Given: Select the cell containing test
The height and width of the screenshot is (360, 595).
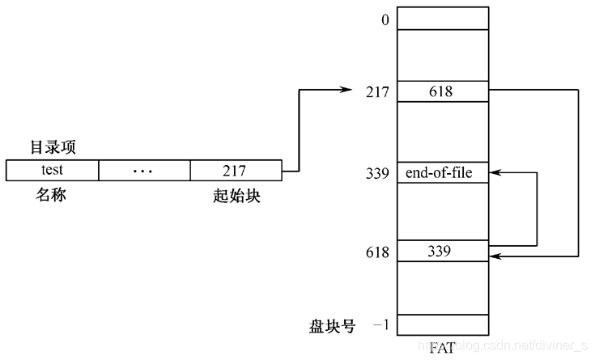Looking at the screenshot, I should tap(52, 171).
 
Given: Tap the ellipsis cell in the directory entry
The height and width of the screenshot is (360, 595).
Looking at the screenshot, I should tap(144, 171).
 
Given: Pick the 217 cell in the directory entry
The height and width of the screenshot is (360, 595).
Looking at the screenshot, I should tap(235, 171).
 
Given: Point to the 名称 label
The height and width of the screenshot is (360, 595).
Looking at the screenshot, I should tap(51, 195).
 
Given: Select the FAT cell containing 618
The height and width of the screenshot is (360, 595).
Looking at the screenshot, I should tap(443, 91).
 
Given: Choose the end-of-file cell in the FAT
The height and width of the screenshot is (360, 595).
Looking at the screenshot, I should tap(443, 172).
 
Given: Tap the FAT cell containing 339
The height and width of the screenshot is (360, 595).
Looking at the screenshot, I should tap(443, 252).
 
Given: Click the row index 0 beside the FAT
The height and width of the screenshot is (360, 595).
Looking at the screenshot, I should tap(385, 17).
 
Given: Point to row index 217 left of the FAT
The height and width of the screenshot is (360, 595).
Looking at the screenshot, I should tap(377, 92).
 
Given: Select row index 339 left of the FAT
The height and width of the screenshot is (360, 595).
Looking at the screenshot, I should tap(377, 173).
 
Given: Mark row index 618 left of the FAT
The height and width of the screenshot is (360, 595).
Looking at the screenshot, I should tap(377, 253).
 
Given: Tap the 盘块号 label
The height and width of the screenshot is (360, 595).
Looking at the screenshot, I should tap(332, 325).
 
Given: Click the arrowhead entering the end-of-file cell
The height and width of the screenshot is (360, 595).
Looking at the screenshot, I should tap(495, 172).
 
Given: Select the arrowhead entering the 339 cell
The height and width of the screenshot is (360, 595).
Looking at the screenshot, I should tap(495, 256).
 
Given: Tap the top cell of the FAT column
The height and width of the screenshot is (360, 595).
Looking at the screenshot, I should tap(443, 18).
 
